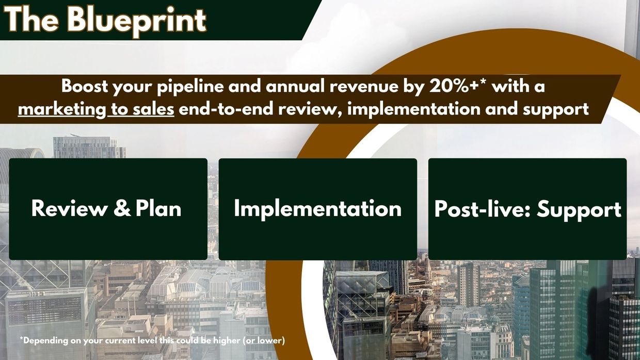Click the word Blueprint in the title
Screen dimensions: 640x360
(137, 21)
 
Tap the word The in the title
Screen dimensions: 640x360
(32, 19)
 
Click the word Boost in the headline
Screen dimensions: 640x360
(85, 86)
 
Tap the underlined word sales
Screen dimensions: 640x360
(153, 109)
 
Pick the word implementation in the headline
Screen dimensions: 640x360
(414, 110)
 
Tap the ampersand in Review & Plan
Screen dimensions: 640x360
(122, 208)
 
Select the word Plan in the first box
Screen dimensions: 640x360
(158, 208)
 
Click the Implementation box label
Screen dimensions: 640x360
(318, 209)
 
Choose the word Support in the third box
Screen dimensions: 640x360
(579, 210)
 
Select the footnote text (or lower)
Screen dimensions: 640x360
(264, 340)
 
